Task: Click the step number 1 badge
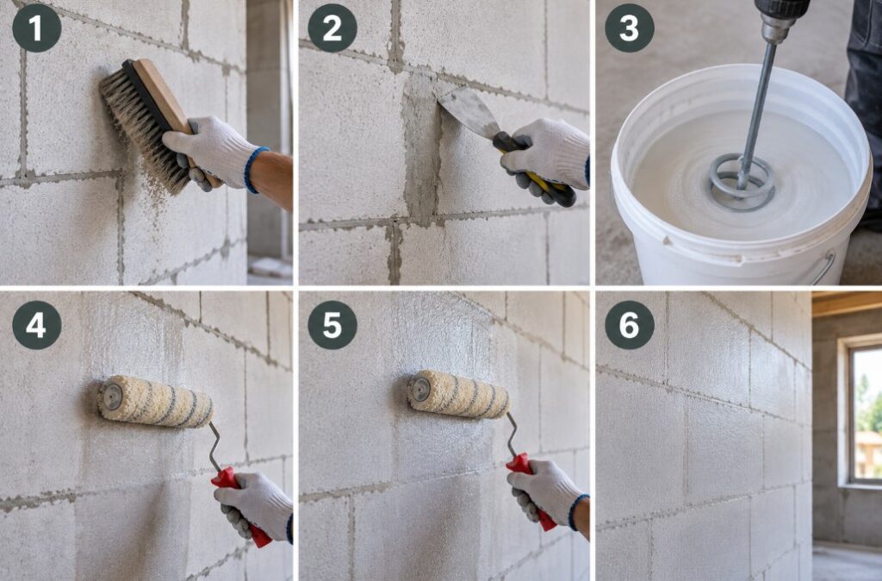click(36, 28)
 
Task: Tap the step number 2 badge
click(332, 28)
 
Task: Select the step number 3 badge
click(630, 28)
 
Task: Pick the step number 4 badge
click(36, 325)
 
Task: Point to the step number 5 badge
click(332, 325)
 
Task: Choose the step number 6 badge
click(630, 325)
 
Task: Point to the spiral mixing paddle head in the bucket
click(742, 182)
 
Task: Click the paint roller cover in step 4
click(155, 402)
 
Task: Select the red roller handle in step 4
click(242, 507)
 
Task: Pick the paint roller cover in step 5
click(458, 394)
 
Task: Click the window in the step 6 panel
click(864, 413)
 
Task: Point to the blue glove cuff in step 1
click(255, 170)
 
